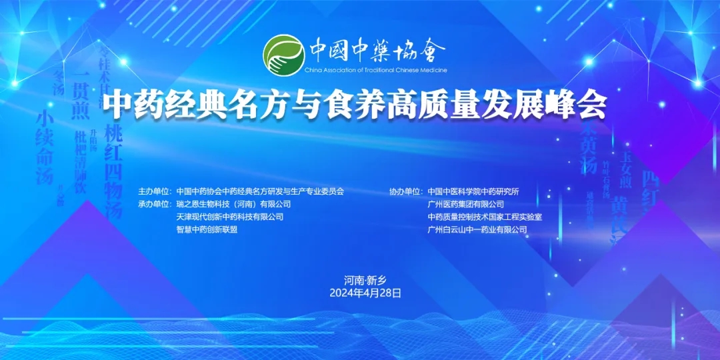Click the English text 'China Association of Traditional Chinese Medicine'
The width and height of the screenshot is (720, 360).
(376, 70)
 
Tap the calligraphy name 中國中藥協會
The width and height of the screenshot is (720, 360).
(377, 51)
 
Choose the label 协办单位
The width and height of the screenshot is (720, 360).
(406, 191)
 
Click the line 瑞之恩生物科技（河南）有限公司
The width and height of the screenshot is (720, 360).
(233, 204)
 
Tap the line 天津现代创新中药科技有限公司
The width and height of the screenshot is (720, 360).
(229, 217)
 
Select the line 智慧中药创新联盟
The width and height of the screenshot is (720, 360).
(207, 229)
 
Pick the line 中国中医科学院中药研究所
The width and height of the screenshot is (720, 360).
(473, 191)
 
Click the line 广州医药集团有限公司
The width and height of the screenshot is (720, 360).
(466, 204)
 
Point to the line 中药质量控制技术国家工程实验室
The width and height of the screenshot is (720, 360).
(485, 217)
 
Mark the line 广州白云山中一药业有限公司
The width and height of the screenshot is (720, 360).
(477, 229)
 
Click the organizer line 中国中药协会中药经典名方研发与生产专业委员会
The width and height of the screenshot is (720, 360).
(260, 191)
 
